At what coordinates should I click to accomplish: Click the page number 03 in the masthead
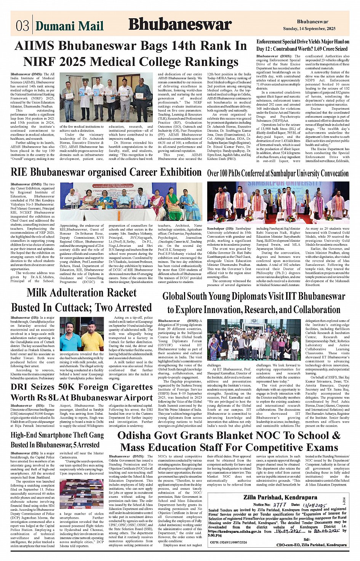(x=22, y=26)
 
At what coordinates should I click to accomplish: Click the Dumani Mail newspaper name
(x=69, y=26)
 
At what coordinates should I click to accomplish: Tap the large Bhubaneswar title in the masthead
(x=180, y=24)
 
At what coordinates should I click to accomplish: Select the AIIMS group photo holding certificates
(x=106, y=97)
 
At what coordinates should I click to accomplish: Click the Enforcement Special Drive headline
(x=302, y=45)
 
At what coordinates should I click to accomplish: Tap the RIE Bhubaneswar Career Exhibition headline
(x=106, y=172)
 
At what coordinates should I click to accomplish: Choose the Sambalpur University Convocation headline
(x=278, y=173)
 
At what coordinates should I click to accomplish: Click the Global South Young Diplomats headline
(x=253, y=303)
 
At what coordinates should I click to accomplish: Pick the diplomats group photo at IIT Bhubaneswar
(x=253, y=340)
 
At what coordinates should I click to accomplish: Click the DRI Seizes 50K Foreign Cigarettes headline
(x=82, y=392)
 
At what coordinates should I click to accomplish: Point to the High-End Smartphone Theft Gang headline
(x=57, y=440)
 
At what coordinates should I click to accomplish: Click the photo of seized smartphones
(x=82, y=494)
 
